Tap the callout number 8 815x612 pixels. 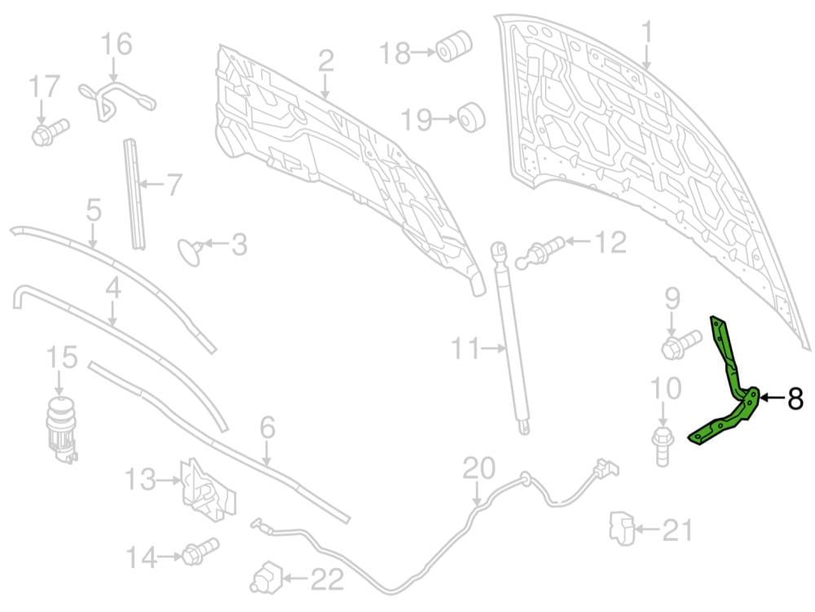click(x=795, y=399)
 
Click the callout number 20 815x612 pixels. click(x=478, y=469)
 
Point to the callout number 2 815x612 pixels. click(x=326, y=60)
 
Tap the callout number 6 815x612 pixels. click(x=268, y=428)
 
